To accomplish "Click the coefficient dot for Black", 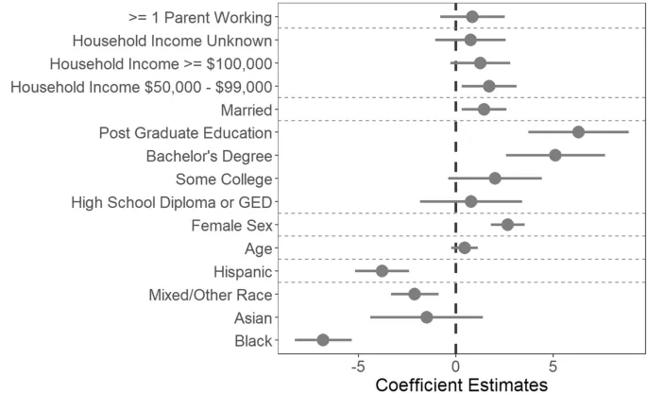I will pos(323,340).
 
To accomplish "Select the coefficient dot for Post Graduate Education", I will pos(578,132).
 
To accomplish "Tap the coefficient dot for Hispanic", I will pos(382,271).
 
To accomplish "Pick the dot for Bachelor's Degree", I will pos(555,155).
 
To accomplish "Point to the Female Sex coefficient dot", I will pos(507,225).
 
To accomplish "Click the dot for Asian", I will pos(426,317).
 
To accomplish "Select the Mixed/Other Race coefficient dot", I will pos(414,294).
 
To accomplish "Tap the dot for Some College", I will pos(495,179).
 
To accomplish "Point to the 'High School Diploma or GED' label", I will pos(171,202).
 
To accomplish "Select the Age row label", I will pos(258,248).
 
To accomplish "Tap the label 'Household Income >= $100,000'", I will pos(161,63).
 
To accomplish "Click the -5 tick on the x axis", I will pos(358,367).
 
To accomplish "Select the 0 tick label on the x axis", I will pos(456,367).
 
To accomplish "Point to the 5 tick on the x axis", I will pos(553,367).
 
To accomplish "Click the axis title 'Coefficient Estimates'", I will pos(462,384).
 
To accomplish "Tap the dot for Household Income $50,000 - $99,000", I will pos(488,86).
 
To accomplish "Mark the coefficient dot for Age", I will pos(464,248).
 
